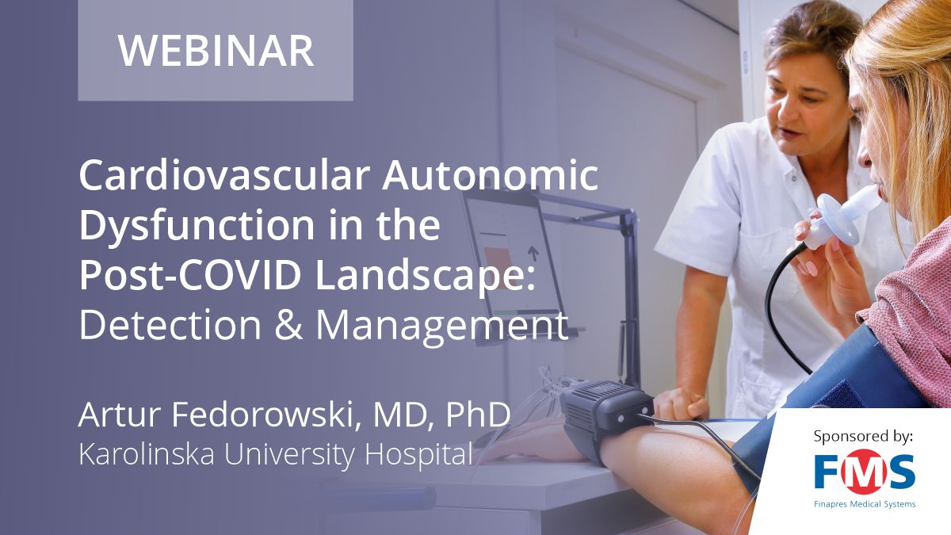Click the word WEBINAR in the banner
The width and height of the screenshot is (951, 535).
[216, 50]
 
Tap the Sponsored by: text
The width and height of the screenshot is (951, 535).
[864, 436]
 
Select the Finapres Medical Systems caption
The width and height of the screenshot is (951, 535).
[864, 504]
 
